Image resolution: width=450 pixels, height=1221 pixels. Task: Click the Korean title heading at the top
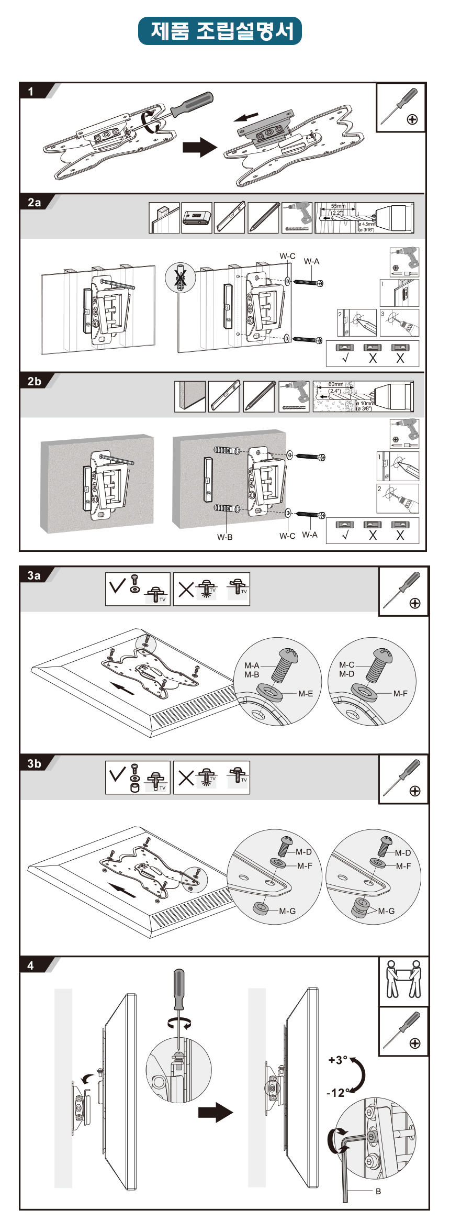coord(220,31)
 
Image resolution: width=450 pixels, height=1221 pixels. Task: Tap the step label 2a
coord(35,203)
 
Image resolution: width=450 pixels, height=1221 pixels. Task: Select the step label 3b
coord(35,763)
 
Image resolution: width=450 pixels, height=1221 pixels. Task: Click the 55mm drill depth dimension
coord(338,206)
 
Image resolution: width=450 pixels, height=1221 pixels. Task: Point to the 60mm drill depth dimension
coord(335,384)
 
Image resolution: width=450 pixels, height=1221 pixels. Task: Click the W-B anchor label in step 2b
coord(225,537)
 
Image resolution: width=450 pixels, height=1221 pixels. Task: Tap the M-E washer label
coord(306,694)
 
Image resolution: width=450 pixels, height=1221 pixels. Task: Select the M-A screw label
coord(252,665)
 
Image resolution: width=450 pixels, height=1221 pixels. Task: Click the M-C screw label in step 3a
coord(346,665)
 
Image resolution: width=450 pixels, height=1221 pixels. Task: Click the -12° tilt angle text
coord(336,1093)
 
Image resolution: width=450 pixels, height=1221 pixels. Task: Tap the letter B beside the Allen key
coord(378,1191)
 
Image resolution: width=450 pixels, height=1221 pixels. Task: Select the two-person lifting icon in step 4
coord(403,979)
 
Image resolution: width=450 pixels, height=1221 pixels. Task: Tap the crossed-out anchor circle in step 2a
coord(180,277)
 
